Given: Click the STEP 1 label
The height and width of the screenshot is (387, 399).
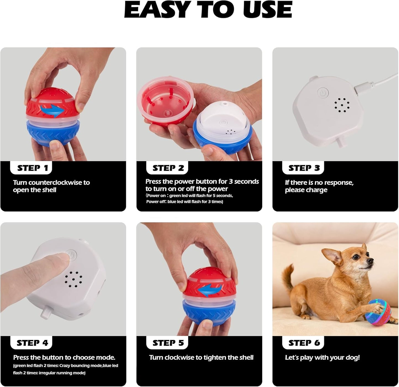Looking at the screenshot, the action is tap(33, 168).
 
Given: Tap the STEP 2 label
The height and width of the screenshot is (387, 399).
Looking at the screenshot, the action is tap(168, 168).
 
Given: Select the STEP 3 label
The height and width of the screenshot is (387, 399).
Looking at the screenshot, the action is tap(304, 168).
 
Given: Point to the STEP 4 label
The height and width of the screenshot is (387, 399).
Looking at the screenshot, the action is tap(32, 343).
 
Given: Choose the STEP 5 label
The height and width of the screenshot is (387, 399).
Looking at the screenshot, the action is tap(168, 343).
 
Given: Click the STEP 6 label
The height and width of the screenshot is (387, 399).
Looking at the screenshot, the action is tap(304, 343).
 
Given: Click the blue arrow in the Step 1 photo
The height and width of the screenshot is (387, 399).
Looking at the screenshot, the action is tap(52, 111).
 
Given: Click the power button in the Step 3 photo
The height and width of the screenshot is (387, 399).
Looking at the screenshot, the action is tap(323, 93).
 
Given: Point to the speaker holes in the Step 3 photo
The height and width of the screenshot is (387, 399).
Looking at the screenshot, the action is tap(342, 105).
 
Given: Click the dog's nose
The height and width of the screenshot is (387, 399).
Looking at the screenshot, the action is tap(370, 260).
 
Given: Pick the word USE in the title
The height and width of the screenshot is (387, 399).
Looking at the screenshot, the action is tap(267, 10).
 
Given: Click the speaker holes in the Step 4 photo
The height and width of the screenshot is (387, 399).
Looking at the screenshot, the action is tap(73, 279).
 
